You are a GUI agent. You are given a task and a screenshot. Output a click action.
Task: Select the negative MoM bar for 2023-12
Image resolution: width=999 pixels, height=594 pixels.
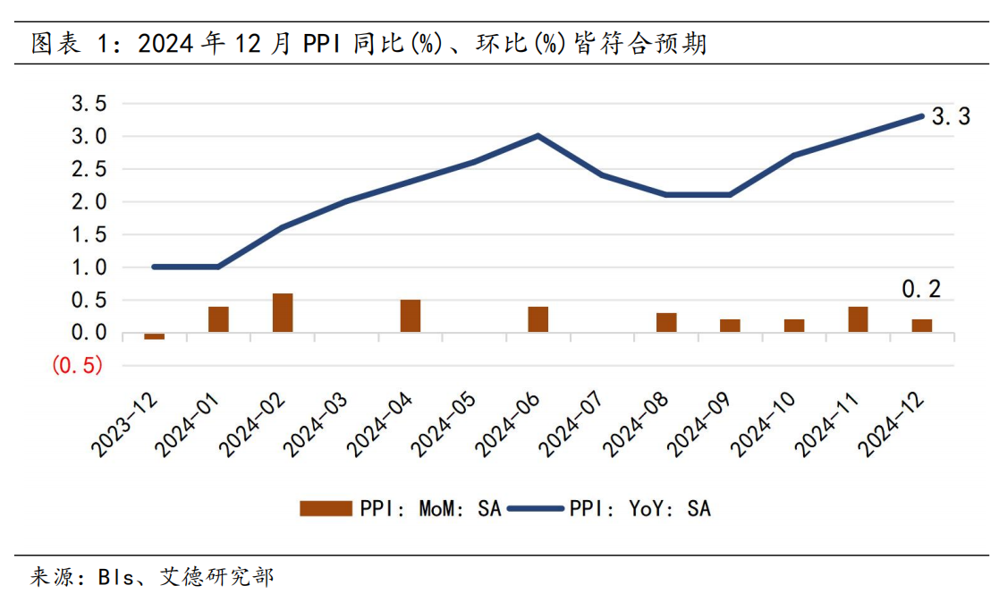(x=155, y=335)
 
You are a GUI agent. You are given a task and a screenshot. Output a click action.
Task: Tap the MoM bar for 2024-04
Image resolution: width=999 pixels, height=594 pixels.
(x=411, y=316)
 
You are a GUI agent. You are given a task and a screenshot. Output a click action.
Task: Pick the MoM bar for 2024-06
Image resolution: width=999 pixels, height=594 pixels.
(x=538, y=319)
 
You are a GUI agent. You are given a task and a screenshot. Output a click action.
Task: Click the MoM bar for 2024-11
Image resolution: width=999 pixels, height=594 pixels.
(x=859, y=319)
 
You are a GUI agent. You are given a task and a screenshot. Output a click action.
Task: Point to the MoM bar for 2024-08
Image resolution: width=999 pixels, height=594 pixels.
(x=666, y=323)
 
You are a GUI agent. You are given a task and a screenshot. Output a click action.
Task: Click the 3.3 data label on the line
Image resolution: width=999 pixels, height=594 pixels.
(x=951, y=116)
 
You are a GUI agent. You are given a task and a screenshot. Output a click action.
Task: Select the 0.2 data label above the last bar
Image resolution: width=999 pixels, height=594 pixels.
(x=921, y=289)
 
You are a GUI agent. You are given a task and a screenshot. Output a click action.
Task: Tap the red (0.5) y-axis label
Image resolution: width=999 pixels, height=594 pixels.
(x=78, y=366)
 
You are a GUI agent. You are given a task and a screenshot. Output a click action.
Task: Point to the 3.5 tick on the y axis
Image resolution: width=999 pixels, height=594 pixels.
(x=89, y=105)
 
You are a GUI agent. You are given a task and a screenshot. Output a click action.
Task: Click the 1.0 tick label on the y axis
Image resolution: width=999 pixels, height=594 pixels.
(x=89, y=267)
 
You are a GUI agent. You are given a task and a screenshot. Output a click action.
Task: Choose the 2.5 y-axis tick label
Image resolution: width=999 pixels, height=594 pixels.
(x=89, y=170)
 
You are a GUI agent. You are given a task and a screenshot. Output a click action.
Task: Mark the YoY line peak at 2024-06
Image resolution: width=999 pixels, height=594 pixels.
(x=538, y=136)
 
